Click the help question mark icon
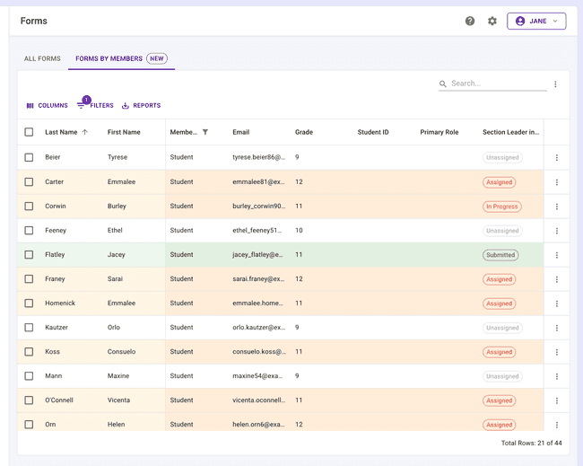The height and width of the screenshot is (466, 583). (x=470, y=21)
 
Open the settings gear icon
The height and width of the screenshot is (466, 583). (x=492, y=21)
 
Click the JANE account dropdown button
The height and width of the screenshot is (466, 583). (x=536, y=21)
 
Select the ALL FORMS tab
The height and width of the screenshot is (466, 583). (x=42, y=58)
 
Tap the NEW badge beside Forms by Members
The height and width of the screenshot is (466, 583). (x=157, y=58)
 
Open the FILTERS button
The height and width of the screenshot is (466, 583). (x=95, y=105)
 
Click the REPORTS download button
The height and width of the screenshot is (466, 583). (x=142, y=105)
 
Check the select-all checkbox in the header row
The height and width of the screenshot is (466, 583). (x=29, y=132)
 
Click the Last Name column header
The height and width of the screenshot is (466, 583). (x=61, y=132)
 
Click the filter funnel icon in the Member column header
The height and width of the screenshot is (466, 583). (x=205, y=132)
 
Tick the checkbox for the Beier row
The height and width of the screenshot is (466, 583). (x=29, y=157)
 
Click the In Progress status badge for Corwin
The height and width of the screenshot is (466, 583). (x=502, y=207)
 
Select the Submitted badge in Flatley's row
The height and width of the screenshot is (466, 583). (x=500, y=255)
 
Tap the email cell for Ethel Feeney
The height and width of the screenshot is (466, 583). (x=257, y=231)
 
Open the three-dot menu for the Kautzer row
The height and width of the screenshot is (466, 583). (x=557, y=328)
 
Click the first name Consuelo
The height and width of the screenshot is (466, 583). (x=122, y=351)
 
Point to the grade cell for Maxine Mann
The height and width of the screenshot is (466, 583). (x=297, y=376)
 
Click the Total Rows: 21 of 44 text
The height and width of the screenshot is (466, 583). (x=531, y=443)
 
